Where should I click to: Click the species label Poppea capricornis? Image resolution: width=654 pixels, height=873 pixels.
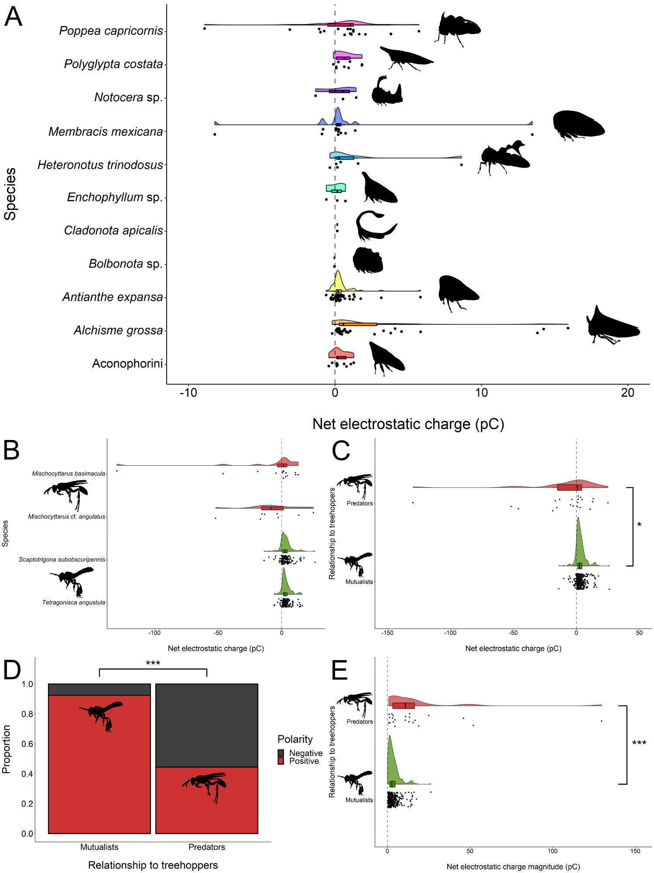[x=111, y=31]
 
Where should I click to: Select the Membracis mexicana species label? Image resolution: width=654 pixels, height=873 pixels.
[x=106, y=131]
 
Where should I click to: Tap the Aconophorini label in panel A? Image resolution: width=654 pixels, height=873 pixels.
[x=127, y=364]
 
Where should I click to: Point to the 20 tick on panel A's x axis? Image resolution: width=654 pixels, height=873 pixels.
[x=627, y=393]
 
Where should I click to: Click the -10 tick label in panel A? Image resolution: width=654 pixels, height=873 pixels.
[x=188, y=393]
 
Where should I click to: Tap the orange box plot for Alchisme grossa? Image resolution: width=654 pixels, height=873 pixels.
[x=358, y=324]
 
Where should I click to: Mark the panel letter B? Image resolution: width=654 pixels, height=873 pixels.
[x=12, y=450]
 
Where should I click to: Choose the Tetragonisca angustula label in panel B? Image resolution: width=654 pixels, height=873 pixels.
[x=74, y=603]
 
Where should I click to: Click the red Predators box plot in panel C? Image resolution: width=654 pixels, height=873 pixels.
[x=569, y=487]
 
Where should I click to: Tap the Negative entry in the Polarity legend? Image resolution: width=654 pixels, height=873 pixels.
[x=305, y=753]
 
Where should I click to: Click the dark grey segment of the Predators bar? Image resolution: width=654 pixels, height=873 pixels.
[x=207, y=725]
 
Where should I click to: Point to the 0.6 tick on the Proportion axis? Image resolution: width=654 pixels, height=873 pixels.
[x=27, y=744]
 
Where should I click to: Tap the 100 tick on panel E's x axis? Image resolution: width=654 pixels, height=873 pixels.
[x=552, y=851]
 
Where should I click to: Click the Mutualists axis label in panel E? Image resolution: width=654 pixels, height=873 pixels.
[x=359, y=800]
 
